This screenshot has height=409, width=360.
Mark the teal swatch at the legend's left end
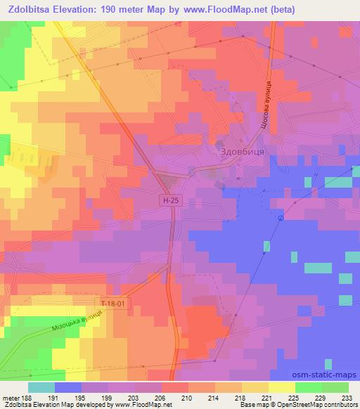point(41,387)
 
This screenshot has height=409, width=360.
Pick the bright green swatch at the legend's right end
point(335,387)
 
